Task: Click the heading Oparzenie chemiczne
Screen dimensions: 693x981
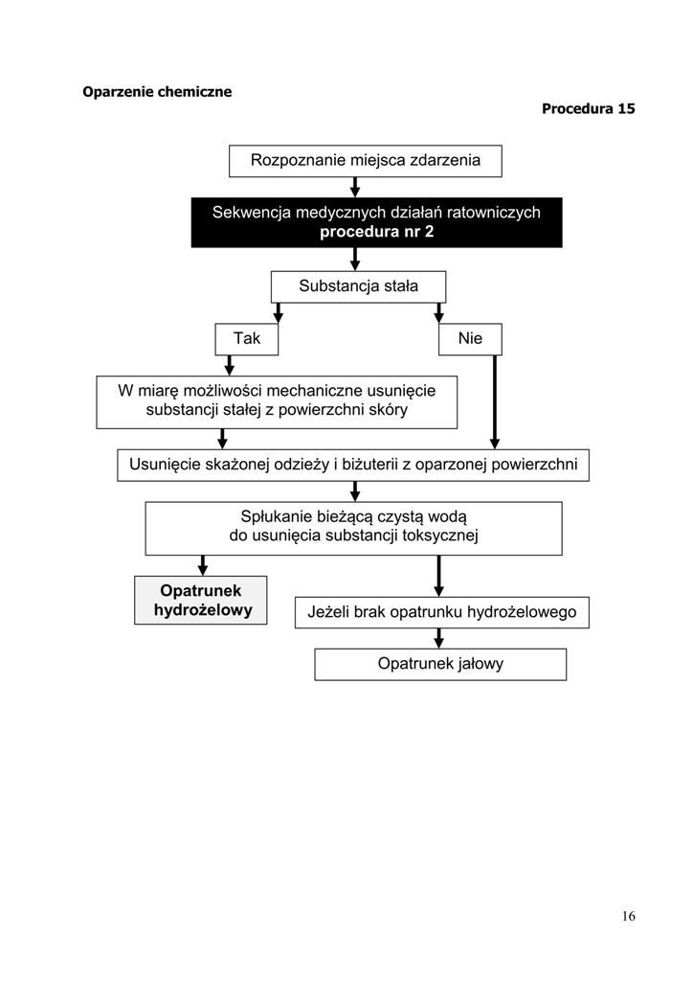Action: pyautogui.click(x=157, y=92)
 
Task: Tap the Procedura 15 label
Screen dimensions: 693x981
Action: pyautogui.click(x=588, y=109)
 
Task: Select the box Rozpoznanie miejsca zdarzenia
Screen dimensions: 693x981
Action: pyautogui.click(x=365, y=161)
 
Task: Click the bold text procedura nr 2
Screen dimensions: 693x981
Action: pyautogui.click(x=376, y=232)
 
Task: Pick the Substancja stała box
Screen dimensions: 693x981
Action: pyautogui.click(x=358, y=286)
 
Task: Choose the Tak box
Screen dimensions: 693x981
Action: pyautogui.click(x=246, y=339)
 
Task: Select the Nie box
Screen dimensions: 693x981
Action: pyautogui.click(x=470, y=339)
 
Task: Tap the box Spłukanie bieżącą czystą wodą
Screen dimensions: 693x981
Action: pyautogui.click(x=354, y=528)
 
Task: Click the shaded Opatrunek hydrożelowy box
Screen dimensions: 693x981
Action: pyautogui.click(x=201, y=600)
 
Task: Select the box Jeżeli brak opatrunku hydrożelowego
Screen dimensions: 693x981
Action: pyautogui.click(x=442, y=612)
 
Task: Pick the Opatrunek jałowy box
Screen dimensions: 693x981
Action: pyautogui.click(x=440, y=664)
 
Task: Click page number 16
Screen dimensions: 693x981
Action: pyautogui.click(x=628, y=916)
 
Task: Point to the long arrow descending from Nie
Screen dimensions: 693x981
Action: pyautogui.click(x=495, y=402)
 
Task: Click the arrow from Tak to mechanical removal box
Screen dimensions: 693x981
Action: pyautogui.click(x=230, y=365)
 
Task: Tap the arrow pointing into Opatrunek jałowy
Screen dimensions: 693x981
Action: pyautogui.click(x=438, y=638)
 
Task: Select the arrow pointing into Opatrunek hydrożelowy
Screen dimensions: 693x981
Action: pyautogui.click(x=203, y=565)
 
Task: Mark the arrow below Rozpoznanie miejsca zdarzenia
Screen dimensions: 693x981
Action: pyautogui.click(x=355, y=187)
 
